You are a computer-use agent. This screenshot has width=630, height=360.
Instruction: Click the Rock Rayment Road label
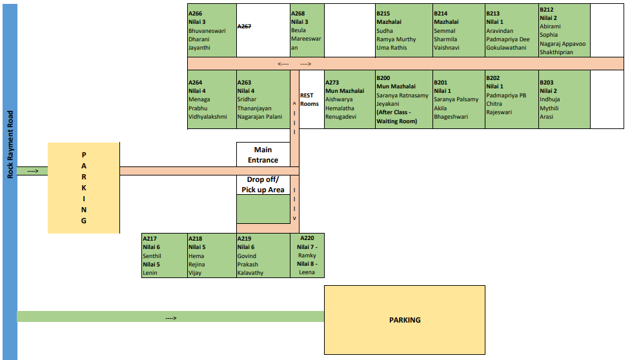point(10,144)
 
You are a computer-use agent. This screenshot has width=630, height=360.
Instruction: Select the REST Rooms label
point(309,99)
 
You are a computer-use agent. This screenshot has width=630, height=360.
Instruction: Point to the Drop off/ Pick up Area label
point(263,185)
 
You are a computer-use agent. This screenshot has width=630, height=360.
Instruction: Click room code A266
point(196,14)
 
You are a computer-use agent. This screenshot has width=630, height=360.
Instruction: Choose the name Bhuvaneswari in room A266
point(207,30)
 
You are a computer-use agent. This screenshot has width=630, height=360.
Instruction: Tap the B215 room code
point(383,14)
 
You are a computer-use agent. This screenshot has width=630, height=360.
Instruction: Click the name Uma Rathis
point(392,48)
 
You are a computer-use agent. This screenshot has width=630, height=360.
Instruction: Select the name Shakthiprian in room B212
point(556,52)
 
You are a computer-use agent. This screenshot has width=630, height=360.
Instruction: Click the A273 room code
point(332,83)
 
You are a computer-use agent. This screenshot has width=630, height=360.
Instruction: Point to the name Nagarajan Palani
point(259,117)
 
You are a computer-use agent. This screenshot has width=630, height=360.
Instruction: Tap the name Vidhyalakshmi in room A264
point(208,117)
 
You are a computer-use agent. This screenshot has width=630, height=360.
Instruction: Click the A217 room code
point(150,239)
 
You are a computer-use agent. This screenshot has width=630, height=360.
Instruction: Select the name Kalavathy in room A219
point(250,273)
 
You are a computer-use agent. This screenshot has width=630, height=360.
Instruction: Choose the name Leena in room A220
point(307,272)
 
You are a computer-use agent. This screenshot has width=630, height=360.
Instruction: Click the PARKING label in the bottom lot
point(405,320)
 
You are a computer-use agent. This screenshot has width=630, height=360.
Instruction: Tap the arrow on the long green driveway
point(171,318)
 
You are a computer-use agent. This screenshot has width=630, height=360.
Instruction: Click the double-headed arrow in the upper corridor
point(295,64)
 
